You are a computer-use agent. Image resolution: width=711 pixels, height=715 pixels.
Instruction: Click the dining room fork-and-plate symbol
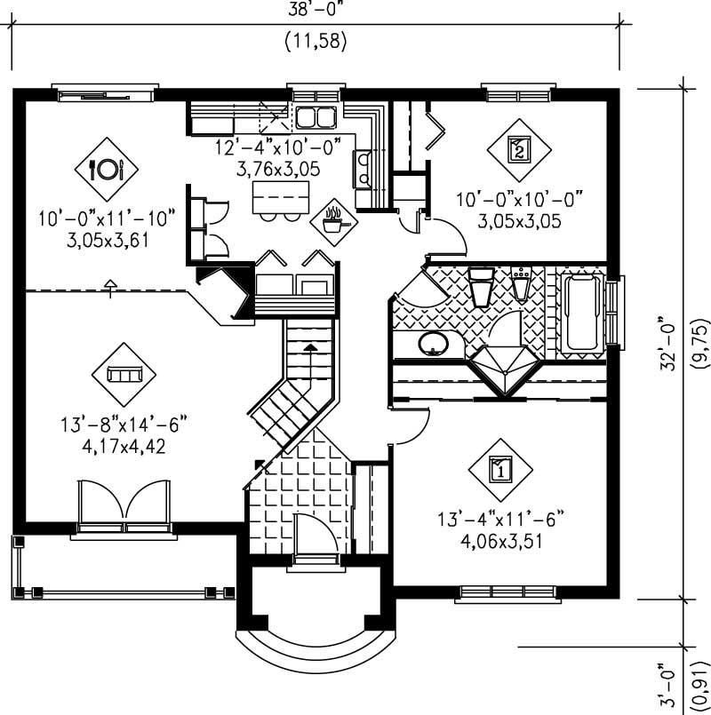[107, 167]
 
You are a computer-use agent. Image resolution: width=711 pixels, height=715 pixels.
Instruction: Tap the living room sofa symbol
[123, 374]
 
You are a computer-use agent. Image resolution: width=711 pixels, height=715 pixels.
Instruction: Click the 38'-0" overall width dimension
[315, 12]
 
